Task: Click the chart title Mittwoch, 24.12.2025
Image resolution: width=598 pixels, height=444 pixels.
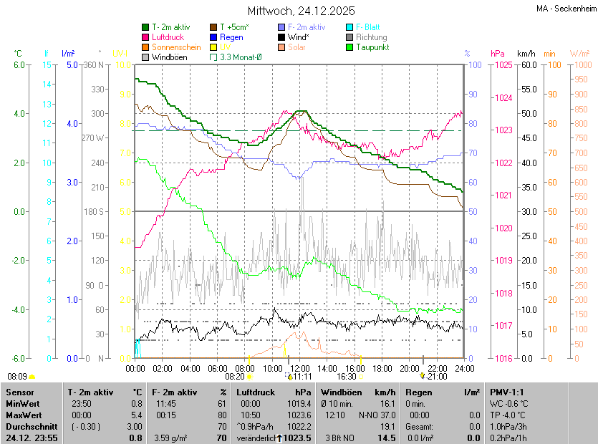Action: pos(301,11)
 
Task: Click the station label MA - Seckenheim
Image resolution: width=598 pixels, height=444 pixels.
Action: pos(565,9)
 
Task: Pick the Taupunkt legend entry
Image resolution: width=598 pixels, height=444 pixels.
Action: pos(372,47)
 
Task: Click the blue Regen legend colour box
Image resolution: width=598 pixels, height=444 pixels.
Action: pos(213,37)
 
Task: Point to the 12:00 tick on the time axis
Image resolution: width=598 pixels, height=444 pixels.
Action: pos(300,368)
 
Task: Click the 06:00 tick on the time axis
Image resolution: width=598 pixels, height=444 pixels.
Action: pos(218,368)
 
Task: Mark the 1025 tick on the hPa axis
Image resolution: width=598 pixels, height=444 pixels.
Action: pos(502,65)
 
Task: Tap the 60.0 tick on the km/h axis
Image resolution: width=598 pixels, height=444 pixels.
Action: pos(528,65)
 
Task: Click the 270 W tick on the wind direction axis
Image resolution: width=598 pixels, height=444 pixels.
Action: pos(94,137)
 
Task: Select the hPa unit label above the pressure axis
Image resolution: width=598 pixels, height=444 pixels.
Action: pos(497,54)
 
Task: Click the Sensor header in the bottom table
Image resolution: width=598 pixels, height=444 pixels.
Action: pos(19,392)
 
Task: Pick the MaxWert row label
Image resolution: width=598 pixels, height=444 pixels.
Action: pos(24,415)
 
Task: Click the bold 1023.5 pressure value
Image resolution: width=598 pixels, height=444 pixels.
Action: pos(297,438)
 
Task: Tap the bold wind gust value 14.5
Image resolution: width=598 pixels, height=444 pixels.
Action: pos(387,438)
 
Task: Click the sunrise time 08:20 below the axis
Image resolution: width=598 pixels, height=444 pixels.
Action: pos(235,376)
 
